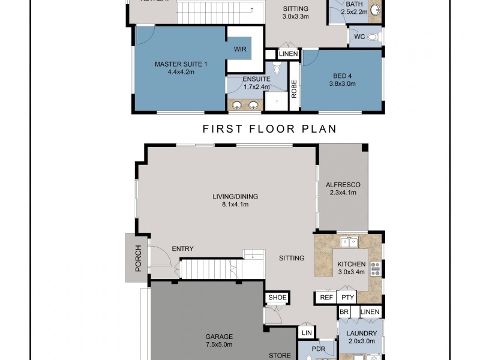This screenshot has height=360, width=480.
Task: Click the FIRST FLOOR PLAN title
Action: pyautogui.click(x=269, y=129)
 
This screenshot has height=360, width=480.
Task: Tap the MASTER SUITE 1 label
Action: pyautogui.click(x=181, y=64)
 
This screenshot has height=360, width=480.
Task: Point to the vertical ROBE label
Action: pyautogui.click(x=294, y=90)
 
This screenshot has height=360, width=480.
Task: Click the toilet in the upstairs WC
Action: pyautogui.click(x=373, y=37)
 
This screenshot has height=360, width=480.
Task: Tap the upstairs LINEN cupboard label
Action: pyautogui.click(x=289, y=54)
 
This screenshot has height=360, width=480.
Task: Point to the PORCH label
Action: pyautogui.click(x=138, y=258)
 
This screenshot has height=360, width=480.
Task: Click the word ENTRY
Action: pyautogui.click(x=182, y=249)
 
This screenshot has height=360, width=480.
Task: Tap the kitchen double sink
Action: pyautogui.click(x=349, y=242)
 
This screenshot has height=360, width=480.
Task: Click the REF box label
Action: pyautogui.click(x=326, y=297)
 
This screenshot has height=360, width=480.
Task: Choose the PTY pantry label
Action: pyautogui.click(x=346, y=297)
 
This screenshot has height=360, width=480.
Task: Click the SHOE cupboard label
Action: pyautogui.click(x=277, y=297)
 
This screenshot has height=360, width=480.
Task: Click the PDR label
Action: pyautogui.click(x=318, y=347)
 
